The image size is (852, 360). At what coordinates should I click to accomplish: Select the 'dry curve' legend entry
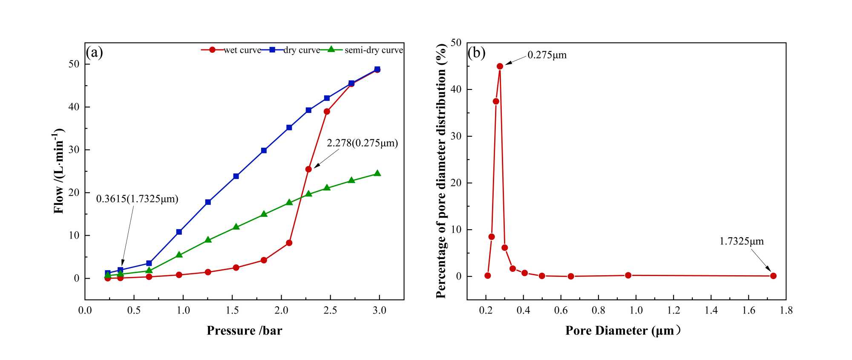click(301, 50)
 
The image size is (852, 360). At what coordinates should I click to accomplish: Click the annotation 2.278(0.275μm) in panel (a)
click(362, 143)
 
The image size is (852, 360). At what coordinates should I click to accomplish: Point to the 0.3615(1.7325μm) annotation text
click(137, 199)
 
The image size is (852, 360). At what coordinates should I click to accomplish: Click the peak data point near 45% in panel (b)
click(500, 66)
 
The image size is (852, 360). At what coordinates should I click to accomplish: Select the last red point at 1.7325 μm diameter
click(773, 276)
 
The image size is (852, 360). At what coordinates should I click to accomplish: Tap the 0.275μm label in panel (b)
click(547, 55)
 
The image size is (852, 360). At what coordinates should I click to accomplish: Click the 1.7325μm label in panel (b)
click(741, 242)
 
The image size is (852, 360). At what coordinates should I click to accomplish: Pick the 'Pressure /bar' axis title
click(244, 331)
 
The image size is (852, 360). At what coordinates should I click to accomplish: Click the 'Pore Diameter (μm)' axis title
click(622, 331)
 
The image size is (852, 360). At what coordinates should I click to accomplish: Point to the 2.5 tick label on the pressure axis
click(330, 311)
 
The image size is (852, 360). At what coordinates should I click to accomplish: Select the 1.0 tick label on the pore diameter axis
click(636, 311)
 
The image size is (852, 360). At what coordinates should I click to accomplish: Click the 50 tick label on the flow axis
click(74, 64)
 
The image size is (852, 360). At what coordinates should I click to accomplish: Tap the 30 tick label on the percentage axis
click(456, 136)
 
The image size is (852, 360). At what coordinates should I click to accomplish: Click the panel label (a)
click(94, 52)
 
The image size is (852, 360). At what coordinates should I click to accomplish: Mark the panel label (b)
click(476, 52)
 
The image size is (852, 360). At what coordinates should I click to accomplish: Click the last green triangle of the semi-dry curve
click(377, 173)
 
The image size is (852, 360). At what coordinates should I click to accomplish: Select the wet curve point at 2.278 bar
click(308, 169)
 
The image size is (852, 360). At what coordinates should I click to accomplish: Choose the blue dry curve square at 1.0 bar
click(179, 232)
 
